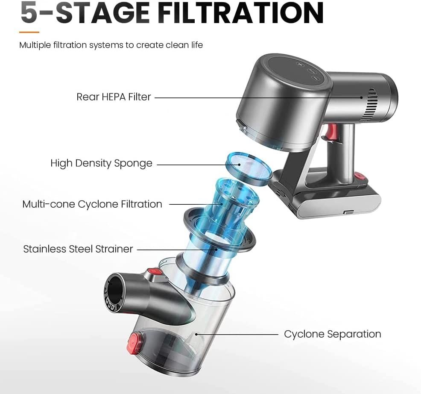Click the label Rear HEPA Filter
114,97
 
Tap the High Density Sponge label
101,163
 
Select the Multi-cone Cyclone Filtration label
92,204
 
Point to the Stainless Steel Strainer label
78,249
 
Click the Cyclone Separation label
332,334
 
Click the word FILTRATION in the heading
241,12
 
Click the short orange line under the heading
29,32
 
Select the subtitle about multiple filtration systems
111,45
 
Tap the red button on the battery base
360,176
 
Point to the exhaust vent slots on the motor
369,105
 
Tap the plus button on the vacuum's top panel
299,64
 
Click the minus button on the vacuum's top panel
315,78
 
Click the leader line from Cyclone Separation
237,334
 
